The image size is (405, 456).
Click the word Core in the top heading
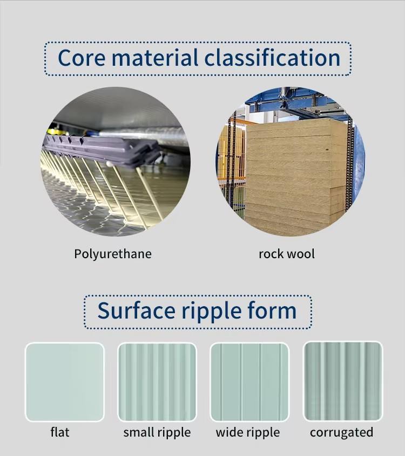pyautogui.click(x=82, y=58)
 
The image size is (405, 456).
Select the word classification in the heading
pyautogui.click(x=272, y=58)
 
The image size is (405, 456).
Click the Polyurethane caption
pyautogui.click(x=113, y=254)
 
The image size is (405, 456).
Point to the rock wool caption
pyautogui.click(x=287, y=254)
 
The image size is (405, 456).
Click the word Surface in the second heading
pyautogui.click(x=137, y=310)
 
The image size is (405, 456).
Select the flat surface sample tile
pyautogui.click(x=65, y=382)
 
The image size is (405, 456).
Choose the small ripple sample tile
pyautogui.click(x=157, y=382)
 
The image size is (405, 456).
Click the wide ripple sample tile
pyautogui.click(x=249, y=382)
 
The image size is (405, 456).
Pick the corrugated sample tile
pyautogui.click(x=343, y=381)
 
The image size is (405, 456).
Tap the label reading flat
pyautogui.click(x=60, y=432)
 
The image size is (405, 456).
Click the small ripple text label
pyautogui.click(x=157, y=433)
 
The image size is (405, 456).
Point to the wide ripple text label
pyautogui.click(x=248, y=433)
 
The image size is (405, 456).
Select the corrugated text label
pyautogui.click(x=341, y=433)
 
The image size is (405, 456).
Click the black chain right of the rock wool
pyautogui.click(x=349, y=163)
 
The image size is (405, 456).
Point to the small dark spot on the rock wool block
pyautogui.click(x=327, y=150)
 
